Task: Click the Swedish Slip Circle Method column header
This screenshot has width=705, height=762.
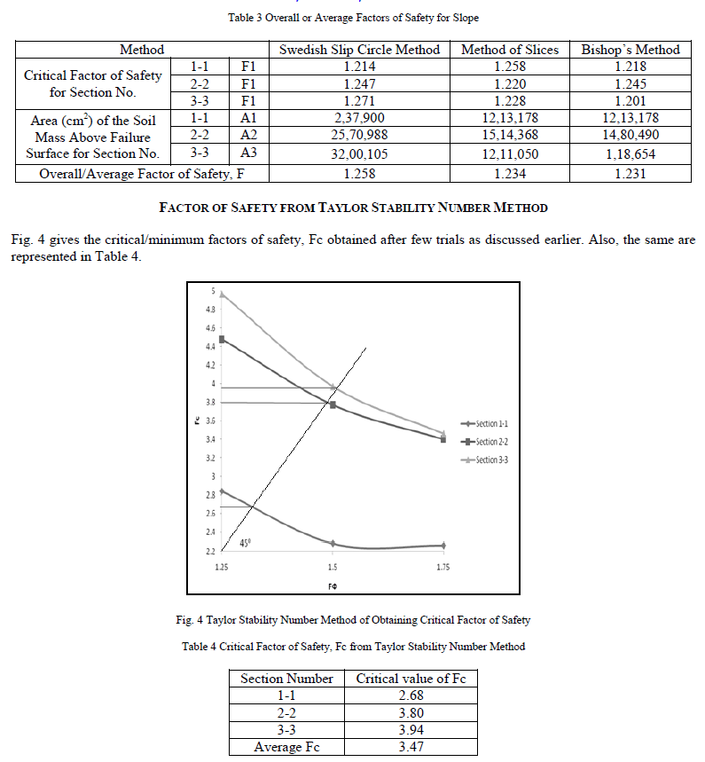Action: click(359, 50)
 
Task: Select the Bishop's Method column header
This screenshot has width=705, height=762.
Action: click(631, 50)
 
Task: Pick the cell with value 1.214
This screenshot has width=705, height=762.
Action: click(359, 67)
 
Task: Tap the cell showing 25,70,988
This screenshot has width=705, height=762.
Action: click(359, 136)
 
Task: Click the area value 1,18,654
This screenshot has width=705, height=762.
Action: click(631, 153)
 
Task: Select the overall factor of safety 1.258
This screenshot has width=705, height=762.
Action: click(359, 173)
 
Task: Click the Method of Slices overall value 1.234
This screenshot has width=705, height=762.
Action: click(511, 173)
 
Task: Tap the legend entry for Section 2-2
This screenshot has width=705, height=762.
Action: click(484, 442)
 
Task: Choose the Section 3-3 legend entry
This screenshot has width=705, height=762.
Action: click(484, 460)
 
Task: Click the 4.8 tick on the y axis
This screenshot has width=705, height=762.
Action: click(209, 310)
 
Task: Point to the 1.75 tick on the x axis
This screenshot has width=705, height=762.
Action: click(443, 567)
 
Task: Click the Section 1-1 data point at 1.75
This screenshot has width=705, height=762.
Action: click(443, 546)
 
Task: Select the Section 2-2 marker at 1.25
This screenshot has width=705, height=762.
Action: click(222, 339)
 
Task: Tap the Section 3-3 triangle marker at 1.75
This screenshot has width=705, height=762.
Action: click(443, 433)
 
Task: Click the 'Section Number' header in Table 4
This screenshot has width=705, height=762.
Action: click(286, 679)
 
